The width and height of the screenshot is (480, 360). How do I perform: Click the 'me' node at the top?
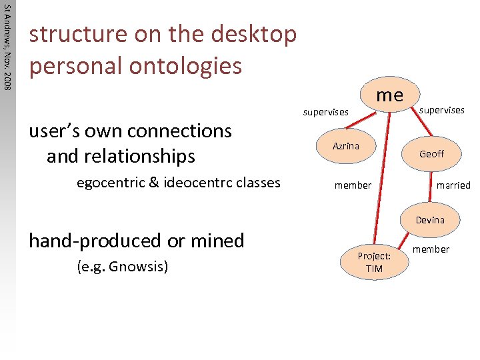[389, 95]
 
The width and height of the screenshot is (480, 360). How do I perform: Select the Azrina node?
[346, 146]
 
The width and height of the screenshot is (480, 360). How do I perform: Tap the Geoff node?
[431, 154]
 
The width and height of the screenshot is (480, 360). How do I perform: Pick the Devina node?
[430, 220]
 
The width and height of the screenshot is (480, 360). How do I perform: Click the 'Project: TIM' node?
[374, 262]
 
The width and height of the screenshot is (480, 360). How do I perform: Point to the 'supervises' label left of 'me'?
[325, 112]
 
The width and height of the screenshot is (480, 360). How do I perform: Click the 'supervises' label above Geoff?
[442, 109]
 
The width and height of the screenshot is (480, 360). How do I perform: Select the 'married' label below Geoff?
[454, 185]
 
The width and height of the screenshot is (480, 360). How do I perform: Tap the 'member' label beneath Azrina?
[353, 185]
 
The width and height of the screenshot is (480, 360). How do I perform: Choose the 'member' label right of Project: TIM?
[431, 249]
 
